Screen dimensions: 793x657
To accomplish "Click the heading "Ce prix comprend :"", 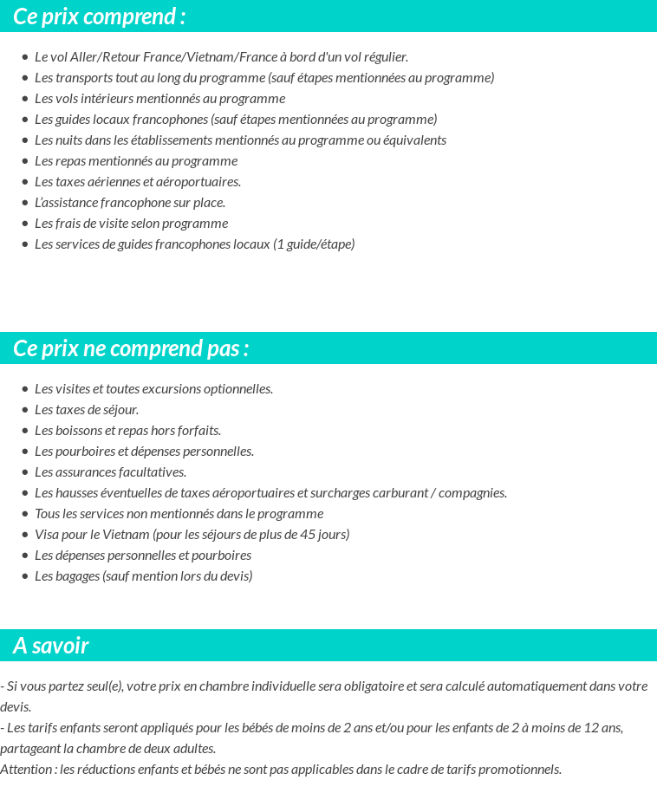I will (99, 16).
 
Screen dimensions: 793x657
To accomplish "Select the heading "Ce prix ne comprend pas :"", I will (131, 348).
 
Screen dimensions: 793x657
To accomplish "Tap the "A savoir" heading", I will (51, 646).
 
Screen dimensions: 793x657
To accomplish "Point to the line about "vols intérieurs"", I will (159, 99).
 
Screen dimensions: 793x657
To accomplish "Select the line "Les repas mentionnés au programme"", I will (136, 161).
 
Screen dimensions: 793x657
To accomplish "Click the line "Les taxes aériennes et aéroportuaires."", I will (138, 182).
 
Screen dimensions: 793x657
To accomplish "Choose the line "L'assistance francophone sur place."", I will (130, 203).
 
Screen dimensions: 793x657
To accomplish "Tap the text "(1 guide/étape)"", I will (314, 244).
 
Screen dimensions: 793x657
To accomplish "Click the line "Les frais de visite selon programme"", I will (131, 224).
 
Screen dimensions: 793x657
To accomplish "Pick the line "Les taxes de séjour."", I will (87, 410).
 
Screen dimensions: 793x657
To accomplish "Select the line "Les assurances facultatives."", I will (110, 472).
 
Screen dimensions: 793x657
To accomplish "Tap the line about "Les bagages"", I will (143, 576).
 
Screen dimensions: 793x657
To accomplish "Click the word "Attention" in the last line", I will (28, 770).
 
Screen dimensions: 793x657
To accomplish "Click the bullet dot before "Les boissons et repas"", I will (25, 431).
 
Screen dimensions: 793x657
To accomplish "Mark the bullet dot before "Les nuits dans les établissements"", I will (25, 140).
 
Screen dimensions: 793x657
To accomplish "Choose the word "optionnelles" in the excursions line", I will (237, 389).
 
